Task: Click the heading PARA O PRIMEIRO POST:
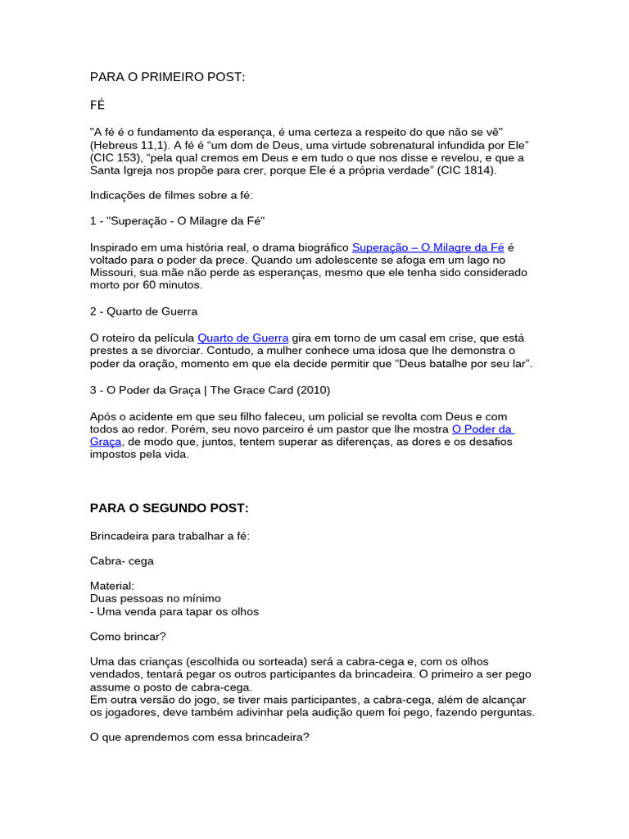[x=167, y=77]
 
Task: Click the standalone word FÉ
[x=97, y=106]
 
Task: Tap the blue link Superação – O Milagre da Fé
[x=428, y=247]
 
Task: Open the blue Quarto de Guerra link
[x=243, y=338]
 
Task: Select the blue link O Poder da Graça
[x=482, y=429]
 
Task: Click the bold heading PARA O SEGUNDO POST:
[x=169, y=508]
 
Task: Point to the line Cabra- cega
[x=121, y=561]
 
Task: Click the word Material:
[x=112, y=586]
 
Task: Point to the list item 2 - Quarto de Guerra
[x=143, y=311]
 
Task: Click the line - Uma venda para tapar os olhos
[x=174, y=611]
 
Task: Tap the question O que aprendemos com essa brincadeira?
[x=199, y=737]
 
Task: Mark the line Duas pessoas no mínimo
[x=155, y=598]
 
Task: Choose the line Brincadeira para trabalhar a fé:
[x=170, y=536]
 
